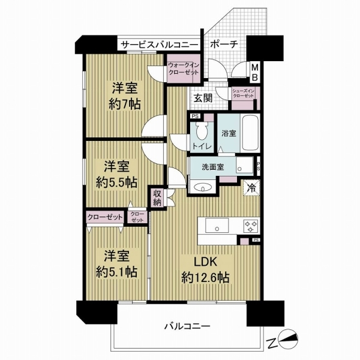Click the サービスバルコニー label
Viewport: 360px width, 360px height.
point(160,44)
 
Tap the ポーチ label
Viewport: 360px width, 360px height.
point(225,44)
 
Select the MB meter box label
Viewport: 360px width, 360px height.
point(254,73)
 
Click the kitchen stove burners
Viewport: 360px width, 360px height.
point(250,226)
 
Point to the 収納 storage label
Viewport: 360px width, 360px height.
point(157,197)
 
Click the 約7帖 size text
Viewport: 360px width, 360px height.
point(125,104)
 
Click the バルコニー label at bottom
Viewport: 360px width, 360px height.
point(187,327)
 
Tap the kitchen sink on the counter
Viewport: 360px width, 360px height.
point(216,226)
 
